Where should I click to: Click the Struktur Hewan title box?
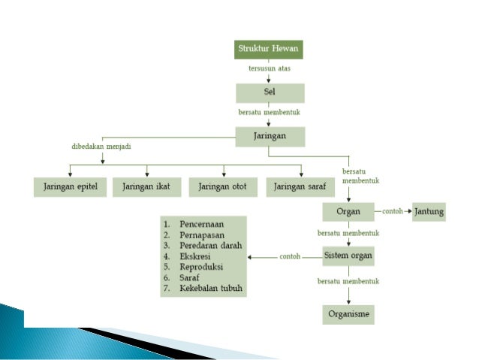tap(270, 50)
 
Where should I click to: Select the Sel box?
tap(270, 92)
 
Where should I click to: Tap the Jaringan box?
tap(270, 136)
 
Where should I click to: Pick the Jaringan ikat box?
tap(147, 187)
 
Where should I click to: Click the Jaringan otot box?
tap(224, 187)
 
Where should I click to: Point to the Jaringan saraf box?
tap(300, 187)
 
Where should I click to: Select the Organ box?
tap(348, 211)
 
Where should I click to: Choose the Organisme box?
tap(348, 313)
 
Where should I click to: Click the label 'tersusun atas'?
tap(270, 69)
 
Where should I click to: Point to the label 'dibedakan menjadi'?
tap(96, 147)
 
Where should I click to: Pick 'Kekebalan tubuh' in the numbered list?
tap(212, 289)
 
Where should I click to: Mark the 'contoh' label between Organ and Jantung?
tap(393, 211)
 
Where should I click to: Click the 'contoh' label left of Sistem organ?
tap(290, 256)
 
